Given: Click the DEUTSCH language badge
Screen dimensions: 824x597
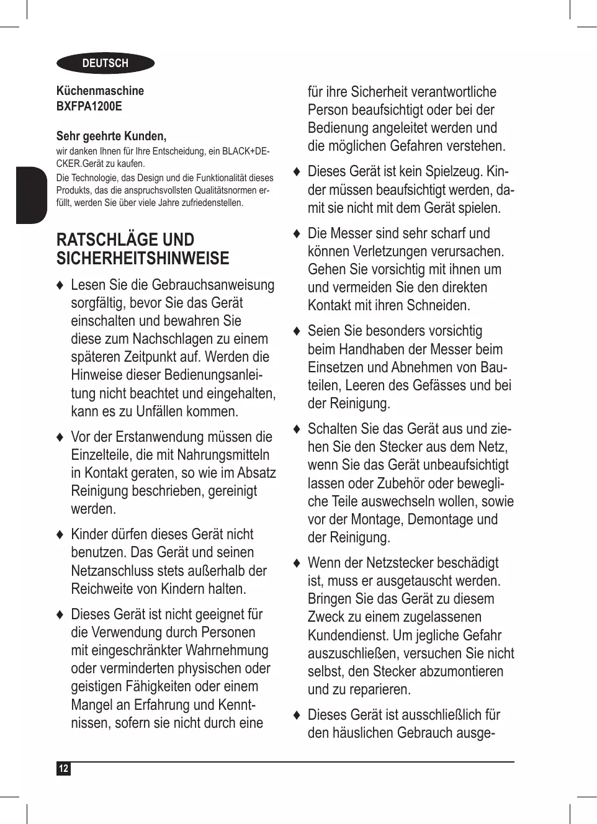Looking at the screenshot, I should (x=105, y=63).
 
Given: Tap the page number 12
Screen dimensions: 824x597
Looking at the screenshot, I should (x=63, y=769).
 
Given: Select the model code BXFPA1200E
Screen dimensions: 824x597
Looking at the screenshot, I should (x=89, y=106).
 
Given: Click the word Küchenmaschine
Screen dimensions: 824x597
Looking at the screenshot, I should (x=100, y=91).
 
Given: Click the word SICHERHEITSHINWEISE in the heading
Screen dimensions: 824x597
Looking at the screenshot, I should (x=143, y=259).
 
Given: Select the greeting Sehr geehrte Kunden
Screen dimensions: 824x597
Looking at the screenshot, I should (x=111, y=136).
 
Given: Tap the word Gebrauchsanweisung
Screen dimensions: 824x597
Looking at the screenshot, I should (x=213, y=285).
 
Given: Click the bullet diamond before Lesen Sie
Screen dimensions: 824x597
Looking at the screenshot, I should (x=60, y=285).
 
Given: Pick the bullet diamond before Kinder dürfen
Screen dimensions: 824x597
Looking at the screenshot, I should (x=60, y=535).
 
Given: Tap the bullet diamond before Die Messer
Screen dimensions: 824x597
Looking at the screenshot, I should (x=297, y=234).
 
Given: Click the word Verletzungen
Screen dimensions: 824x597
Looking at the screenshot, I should (x=395, y=252).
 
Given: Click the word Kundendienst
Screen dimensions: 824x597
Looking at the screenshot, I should (x=348, y=635).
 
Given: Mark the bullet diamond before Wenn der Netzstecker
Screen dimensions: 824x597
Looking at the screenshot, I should (x=297, y=563).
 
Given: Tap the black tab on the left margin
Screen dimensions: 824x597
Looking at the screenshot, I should (x=32, y=195).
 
